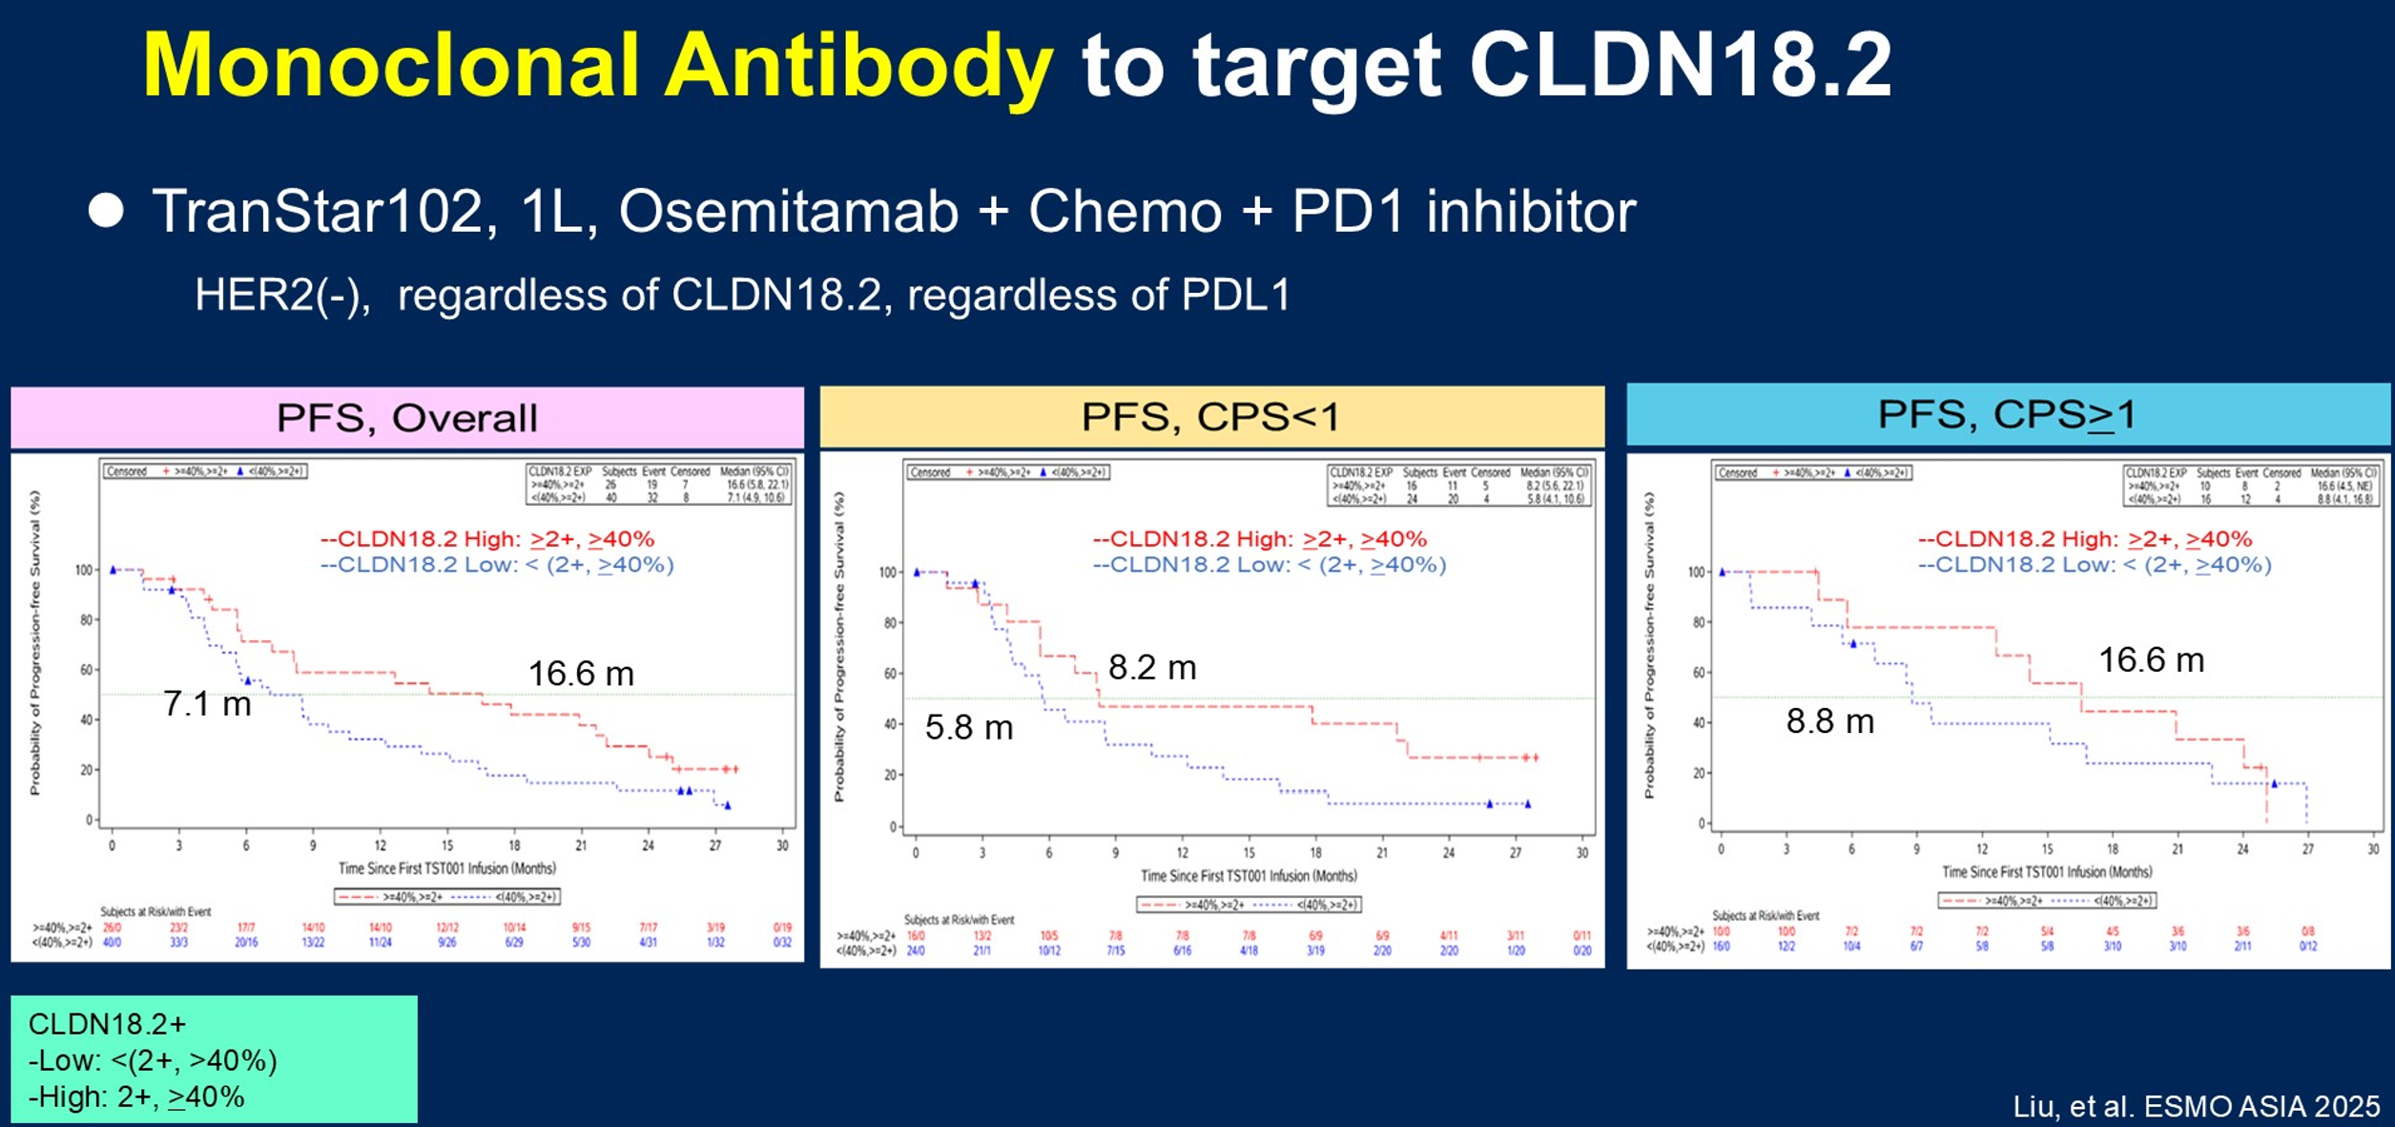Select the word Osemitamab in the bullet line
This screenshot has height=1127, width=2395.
pyautogui.click(x=788, y=211)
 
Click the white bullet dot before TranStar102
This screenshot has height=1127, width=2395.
pyautogui.click(x=106, y=211)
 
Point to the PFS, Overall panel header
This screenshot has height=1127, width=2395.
pyautogui.click(x=406, y=418)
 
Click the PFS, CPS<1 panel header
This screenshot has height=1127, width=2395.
pyautogui.click(x=1210, y=417)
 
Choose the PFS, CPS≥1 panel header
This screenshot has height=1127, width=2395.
pyautogui.click(x=2007, y=414)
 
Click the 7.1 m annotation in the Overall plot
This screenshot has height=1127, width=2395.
pyautogui.click(x=207, y=704)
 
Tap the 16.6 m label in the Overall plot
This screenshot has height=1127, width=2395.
pyautogui.click(x=581, y=674)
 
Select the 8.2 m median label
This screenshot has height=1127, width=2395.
pyautogui.click(x=1152, y=667)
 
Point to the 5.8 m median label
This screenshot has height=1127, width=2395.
pyautogui.click(x=969, y=727)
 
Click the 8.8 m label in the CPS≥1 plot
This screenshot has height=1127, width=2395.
pyautogui.click(x=1829, y=720)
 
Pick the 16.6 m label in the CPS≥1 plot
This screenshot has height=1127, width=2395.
pyautogui.click(x=2151, y=659)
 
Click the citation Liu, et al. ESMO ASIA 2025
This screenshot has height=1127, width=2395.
pyautogui.click(x=2196, y=1106)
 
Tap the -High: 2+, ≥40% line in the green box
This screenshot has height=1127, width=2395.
pyautogui.click(x=136, y=1097)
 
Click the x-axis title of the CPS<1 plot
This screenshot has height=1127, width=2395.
pyautogui.click(x=1248, y=876)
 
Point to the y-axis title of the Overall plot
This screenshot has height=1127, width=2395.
pyautogui.click(x=35, y=642)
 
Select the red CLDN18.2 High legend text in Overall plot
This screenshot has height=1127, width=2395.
pyautogui.click(x=486, y=539)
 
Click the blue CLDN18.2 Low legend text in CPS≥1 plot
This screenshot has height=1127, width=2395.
pyautogui.click(x=2094, y=564)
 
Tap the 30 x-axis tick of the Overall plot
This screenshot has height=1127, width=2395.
pyautogui.click(x=782, y=845)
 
